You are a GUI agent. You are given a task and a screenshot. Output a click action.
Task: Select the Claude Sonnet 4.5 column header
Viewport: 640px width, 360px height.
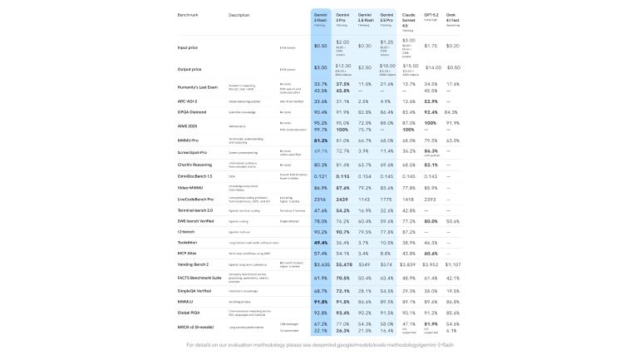[x=408, y=20]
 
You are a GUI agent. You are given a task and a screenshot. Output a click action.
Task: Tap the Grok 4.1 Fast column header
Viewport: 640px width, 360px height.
[x=453, y=17]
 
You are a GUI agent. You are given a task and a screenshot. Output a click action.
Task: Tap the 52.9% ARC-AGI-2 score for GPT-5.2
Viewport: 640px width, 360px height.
[x=431, y=101]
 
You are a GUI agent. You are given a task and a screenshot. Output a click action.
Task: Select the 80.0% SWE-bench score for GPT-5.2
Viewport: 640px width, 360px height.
[x=431, y=221]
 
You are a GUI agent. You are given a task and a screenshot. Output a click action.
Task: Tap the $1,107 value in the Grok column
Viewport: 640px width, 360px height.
[x=453, y=264]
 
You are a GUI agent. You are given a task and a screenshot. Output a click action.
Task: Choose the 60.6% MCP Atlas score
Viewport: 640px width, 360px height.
[x=431, y=253]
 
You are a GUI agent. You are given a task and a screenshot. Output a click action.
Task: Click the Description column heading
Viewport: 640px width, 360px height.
[x=239, y=15]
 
